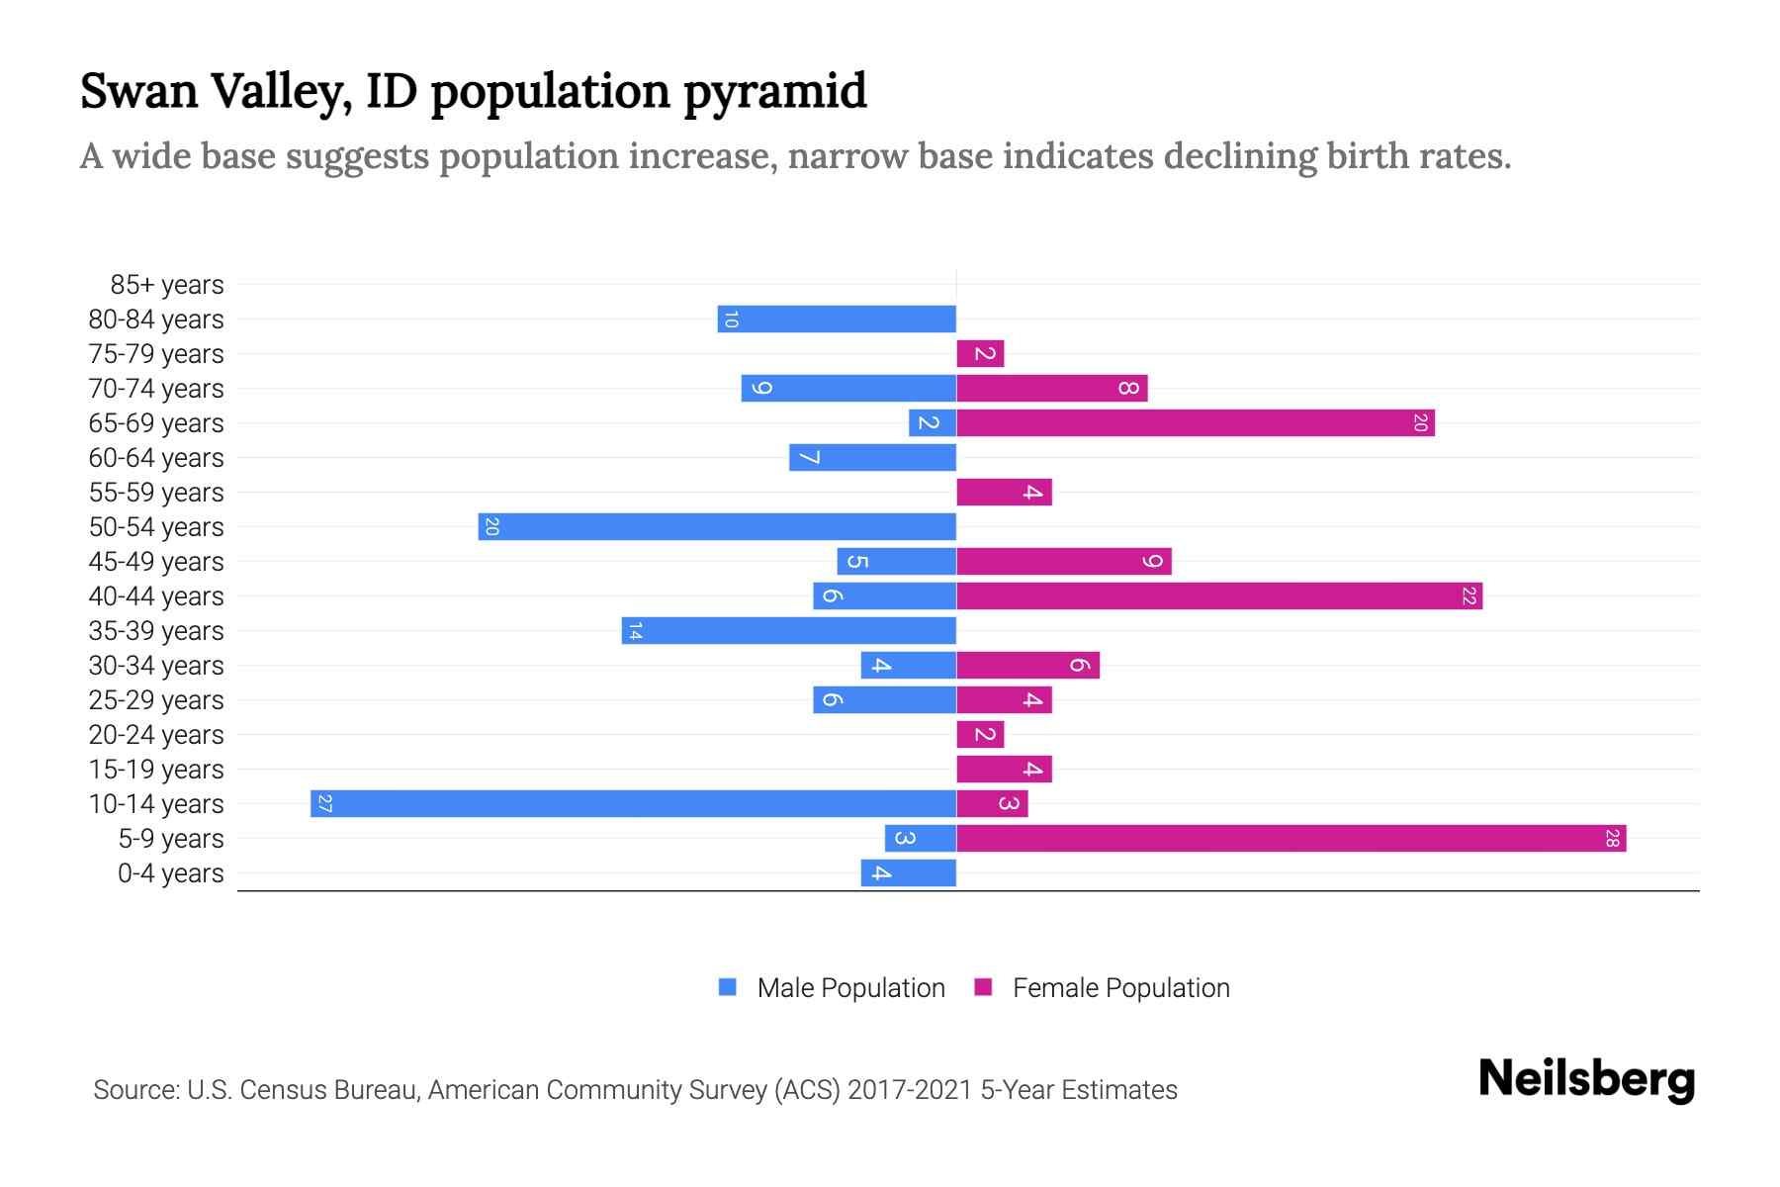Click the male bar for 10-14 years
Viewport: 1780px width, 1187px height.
click(x=633, y=803)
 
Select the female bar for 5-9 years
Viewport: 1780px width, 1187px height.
click(x=1290, y=838)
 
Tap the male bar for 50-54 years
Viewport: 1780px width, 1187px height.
click(x=717, y=526)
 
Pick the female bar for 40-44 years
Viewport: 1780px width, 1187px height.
click(x=1218, y=595)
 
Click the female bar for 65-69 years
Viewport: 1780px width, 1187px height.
click(x=1195, y=422)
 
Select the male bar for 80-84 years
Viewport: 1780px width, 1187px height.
click(x=837, y=319)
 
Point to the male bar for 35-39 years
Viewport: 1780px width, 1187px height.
click(x=789, y=630)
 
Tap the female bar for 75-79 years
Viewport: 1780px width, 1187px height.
click(x=980, y=353)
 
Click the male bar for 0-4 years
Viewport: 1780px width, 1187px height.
click(x=908, y=872)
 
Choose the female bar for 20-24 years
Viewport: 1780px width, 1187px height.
click(x=980, y=734)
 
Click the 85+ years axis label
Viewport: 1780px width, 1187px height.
click(x=167, y=285)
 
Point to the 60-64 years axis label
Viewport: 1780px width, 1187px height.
click(x=156, y=458)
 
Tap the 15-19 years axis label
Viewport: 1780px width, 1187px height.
click(x=156, y=770)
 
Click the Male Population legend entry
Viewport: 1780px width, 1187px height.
click(x=850, y=987)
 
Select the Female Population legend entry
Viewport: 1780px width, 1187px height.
click(x=1120, y=987)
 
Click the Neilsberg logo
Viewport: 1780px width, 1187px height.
click(x=1586, y=1078)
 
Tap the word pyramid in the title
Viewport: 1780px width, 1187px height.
click(x=775, y=92)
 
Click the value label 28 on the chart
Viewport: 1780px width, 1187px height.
click(x=1612, y=839)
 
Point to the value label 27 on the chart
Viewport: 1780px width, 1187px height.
click(x=325, y=803)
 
